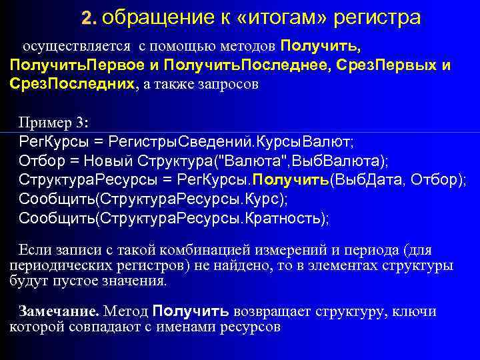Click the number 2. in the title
91,17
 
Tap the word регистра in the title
379,17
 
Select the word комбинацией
173,251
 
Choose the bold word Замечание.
59,311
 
